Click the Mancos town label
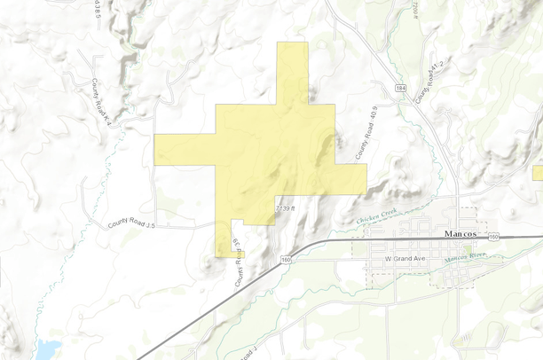(x=460, y=233)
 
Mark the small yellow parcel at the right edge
(x=538, y=172)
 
